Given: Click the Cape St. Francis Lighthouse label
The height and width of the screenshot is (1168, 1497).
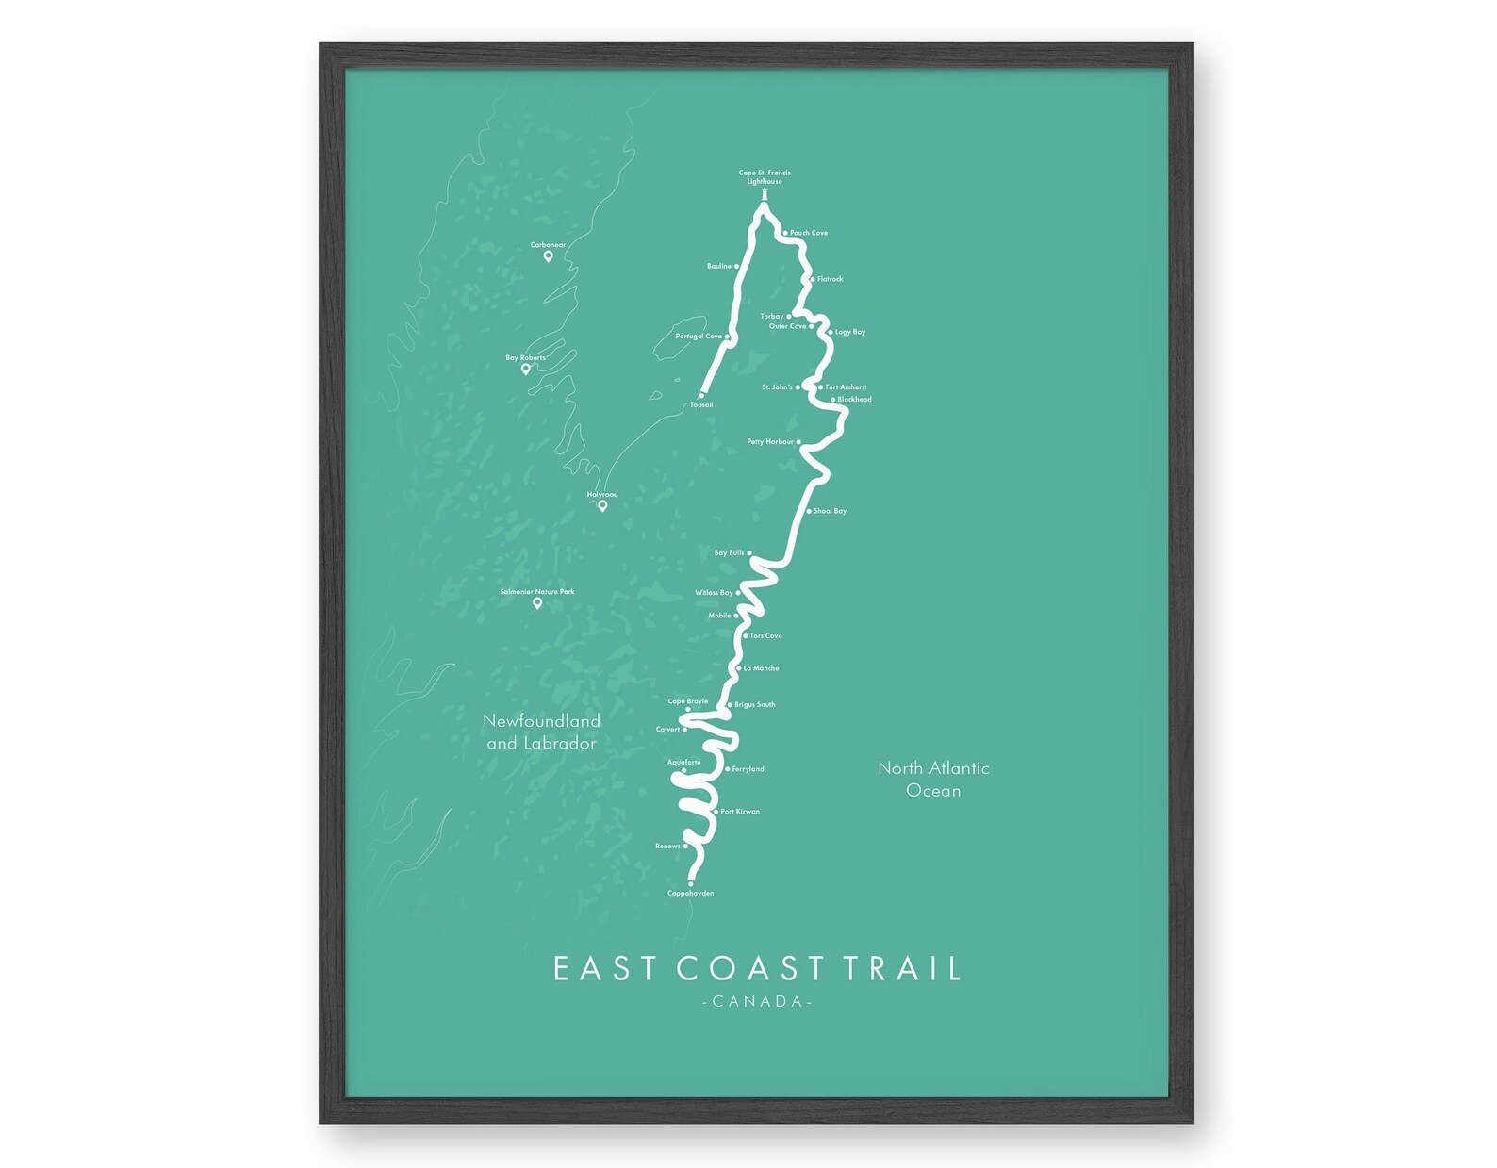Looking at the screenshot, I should tap(764, 177).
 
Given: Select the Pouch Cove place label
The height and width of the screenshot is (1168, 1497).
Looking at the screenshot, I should tap(809, 233).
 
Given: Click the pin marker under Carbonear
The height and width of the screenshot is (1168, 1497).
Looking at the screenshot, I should tap(548, 256).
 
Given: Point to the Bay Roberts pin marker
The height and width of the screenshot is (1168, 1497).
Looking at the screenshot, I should tap(526, 370).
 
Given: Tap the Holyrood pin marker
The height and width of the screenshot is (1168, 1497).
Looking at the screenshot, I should tap(602, 506).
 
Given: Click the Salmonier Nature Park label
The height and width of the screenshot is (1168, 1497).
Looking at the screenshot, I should tap(536, 592).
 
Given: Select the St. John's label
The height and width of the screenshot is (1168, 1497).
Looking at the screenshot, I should tap(777, 387).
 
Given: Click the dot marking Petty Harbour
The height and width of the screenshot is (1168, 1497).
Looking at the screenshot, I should tap(798, 442).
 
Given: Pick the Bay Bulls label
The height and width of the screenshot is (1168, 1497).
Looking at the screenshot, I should tap(729, 553).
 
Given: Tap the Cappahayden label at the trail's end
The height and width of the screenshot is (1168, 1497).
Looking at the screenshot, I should tap(690, 894).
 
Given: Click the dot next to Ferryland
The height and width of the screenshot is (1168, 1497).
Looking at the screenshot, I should tap(728, 769).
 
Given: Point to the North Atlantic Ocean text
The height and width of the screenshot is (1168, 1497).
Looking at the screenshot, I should tap(933, 780).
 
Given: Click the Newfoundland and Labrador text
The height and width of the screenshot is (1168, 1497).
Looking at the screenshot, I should tap(541, 732).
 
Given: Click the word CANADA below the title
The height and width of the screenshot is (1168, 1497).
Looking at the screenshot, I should tap(758, 1001).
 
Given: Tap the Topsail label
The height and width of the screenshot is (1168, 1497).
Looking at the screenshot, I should tap(701, 405).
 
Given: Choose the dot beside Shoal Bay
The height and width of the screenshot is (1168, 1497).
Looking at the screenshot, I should tap(809, 511).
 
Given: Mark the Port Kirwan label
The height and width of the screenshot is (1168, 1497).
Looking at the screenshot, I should tap(740, 812).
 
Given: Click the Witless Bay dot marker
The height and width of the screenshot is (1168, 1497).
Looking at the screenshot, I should tap(738, 593).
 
